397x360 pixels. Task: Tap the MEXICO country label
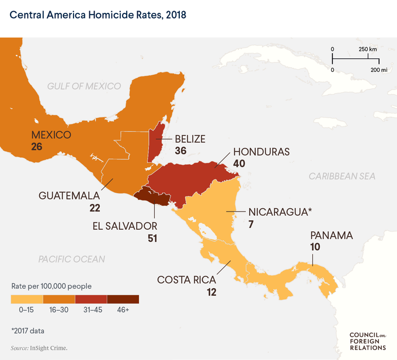pyautogui.click(x=51, y=135)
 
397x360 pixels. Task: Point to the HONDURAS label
pyautogui.click(x=262, y=151)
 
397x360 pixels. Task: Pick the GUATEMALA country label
pyautogui.click(x=70, y=195)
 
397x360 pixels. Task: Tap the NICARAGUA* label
pyautogui.click(x=278, y=211)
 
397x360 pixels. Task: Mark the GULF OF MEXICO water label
pyautogui.click(x=84, y=86)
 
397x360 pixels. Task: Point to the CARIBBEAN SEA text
pyautogui.click(x=342, y=176)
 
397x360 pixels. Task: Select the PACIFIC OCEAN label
pyautogui.click(x=72, y=259)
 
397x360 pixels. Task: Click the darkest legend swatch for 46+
pyautogui.click(x=123, y=299)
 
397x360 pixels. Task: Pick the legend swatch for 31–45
pyautogui.click(x=91, y=299)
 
